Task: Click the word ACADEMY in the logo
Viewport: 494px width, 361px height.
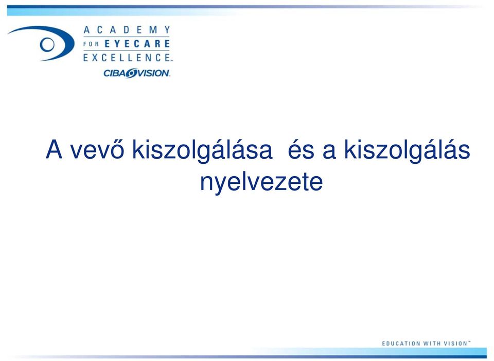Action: pyautogui.click(x=127, y=30)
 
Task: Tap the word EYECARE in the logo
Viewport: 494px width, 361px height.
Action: pyautogui.click(x=137, y=44)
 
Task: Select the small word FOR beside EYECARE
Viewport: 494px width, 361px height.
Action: pyautogui.click(x=91, y=44)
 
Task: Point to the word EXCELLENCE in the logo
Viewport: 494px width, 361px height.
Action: pyautogui.click(x=127, y=57)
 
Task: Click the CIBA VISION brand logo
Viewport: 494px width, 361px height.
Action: pyautogui.click(x=137, y=73)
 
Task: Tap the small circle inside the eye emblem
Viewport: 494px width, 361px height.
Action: pyautogui.click(x=47, y=44)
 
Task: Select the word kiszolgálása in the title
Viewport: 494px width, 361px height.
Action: pyautogui.click(x=202, y=151)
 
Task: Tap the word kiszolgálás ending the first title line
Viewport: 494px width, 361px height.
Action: pyautogui.click(x=407, y=151)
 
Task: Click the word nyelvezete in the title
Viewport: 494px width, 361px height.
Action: pyautogui.click(x=261, y=182)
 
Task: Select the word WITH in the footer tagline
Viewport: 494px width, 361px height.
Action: pyautogui.click(x=432, y=343)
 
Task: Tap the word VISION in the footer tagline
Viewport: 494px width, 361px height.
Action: pyautogui.click(x=455, y=343)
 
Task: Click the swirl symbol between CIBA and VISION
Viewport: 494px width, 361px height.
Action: pyautogui.click(x=130, y=73)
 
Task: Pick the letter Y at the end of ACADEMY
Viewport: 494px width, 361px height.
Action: pyautogui.click(x=167, y=30)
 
